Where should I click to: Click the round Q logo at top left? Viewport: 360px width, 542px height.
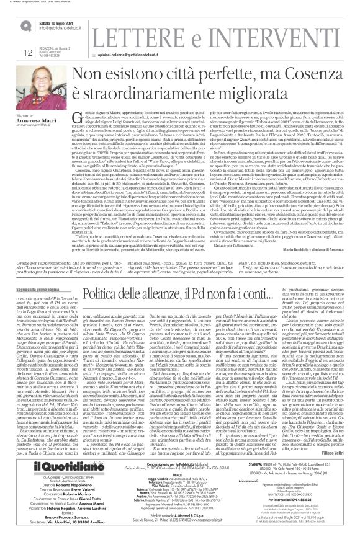pyautogui.click(x=25, y=25)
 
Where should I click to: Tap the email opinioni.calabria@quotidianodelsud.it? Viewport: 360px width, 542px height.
pyautogui.click(x=151, y=54)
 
